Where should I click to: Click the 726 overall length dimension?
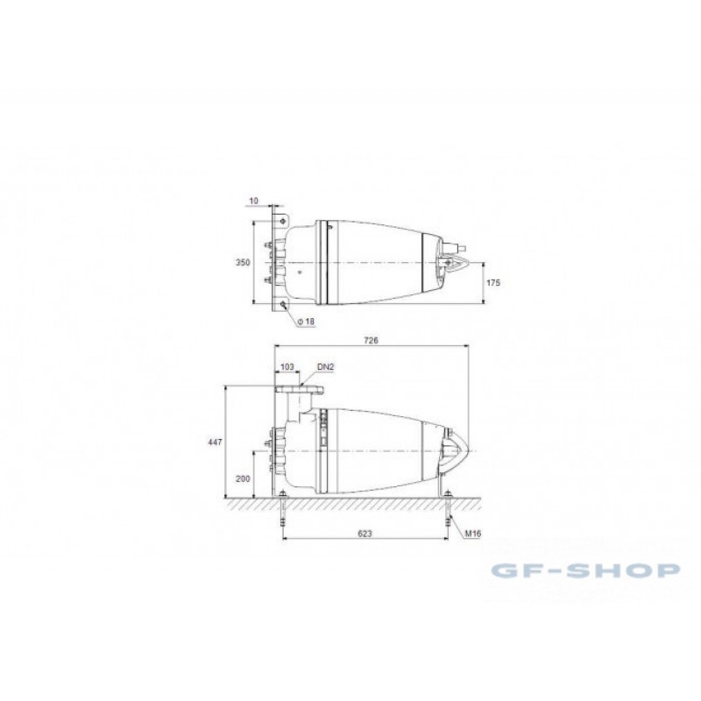(x=371, y=340)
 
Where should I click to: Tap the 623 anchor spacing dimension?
(x=365, y=534)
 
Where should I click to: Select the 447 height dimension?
(x=215, y=443)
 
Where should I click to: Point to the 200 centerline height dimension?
(x=243, y=478)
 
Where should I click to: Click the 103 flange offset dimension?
(x=287, y=367)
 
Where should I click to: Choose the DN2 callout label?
(x=325, y=367)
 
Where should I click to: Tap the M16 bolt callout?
(x=473, y=534)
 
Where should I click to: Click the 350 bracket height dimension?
(x=243, y=262)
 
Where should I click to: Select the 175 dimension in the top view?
(x=493, y=282)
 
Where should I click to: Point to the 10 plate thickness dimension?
(x=253, y=201)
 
